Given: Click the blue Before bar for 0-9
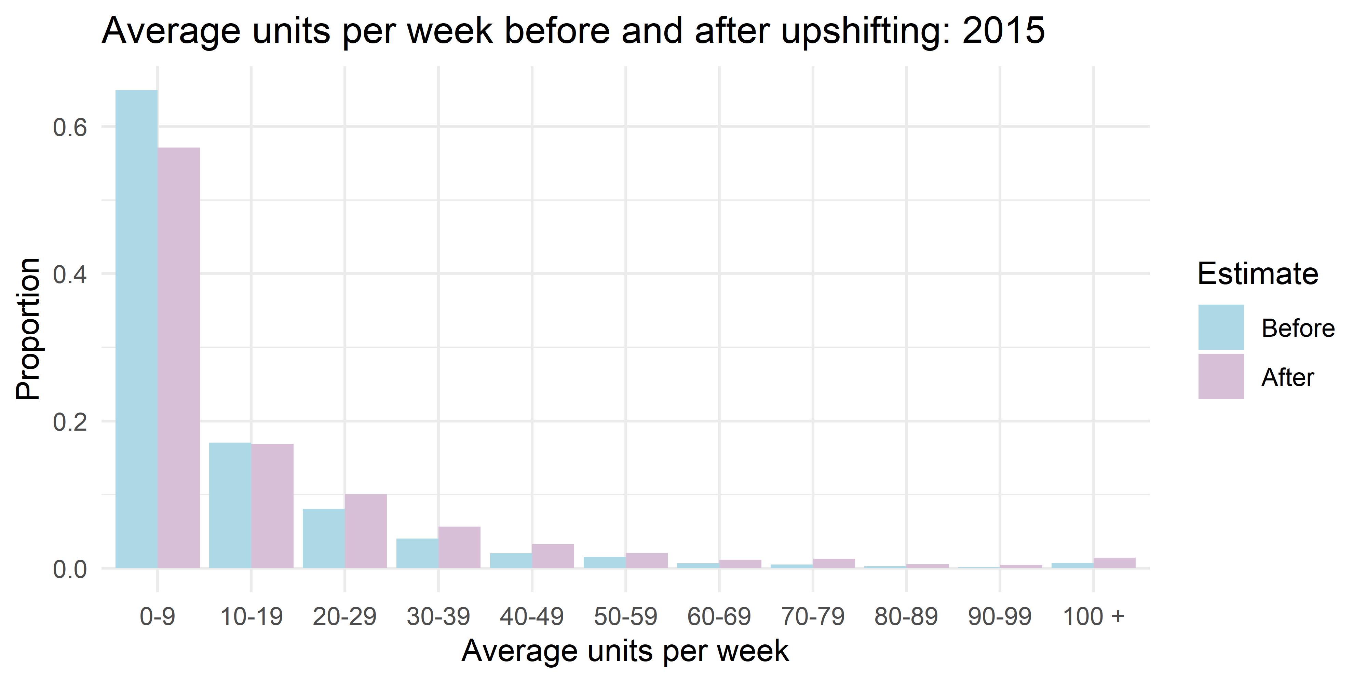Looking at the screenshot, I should [x=136, y=329].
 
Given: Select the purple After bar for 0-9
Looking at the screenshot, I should [x=179, y=358].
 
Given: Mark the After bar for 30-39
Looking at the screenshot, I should [x=460, y=547].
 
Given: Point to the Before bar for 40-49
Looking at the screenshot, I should [x=511, y=560].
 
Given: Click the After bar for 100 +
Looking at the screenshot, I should [x=1114, y=563].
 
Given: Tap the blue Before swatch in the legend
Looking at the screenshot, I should [x=1220, y=327].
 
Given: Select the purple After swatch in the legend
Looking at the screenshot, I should [x=1220, y=376].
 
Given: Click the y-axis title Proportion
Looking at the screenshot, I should [x=28, y=329].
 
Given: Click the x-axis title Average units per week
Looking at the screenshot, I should [x=625, y=651].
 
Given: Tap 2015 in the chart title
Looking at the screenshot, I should [x=1003, y=31].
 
